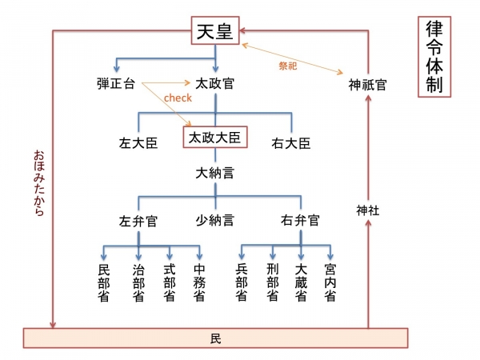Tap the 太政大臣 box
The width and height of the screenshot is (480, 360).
pyautogui.click(x=214, y=138)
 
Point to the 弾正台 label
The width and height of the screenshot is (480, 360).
pyautogui.click(x=115, y=82)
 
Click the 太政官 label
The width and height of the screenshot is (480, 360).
pyautogui.click(x=214, y=82)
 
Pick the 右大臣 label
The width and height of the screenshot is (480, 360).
pyautogui.click(x=290, y=144)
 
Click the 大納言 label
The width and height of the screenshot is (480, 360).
pyautogui.click(x=214, y=172)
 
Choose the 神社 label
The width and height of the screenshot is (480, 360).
pyautogui.click(x=367, y=210)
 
